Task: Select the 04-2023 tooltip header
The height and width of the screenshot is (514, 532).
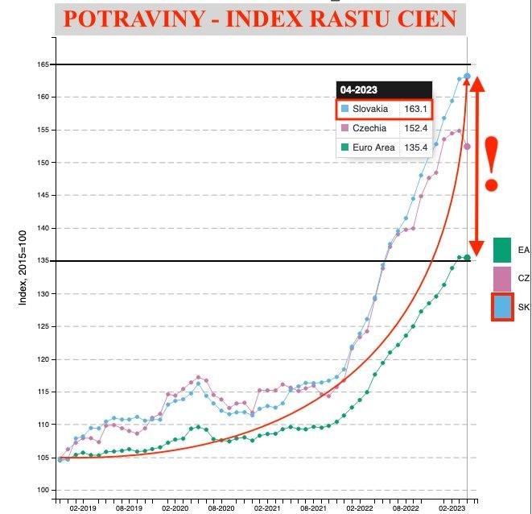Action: [358, 90]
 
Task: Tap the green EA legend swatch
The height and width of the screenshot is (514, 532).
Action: [502, 250]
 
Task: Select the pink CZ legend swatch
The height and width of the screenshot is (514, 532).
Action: [502, 279]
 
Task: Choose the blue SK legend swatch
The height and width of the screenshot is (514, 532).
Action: [503, 307]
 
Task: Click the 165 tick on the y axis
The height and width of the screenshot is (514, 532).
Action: [42, 64]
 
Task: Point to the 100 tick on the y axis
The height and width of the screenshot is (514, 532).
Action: [42, 490]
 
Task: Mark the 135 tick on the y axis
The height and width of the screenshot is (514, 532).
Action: [42, 261]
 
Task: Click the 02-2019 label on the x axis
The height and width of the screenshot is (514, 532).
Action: [83, 508]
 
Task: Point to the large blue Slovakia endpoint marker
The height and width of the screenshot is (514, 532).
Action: [468, 77]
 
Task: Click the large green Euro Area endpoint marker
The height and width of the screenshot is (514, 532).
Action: [468, 258]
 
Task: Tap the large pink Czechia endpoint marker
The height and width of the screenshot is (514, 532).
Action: [468, 146]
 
